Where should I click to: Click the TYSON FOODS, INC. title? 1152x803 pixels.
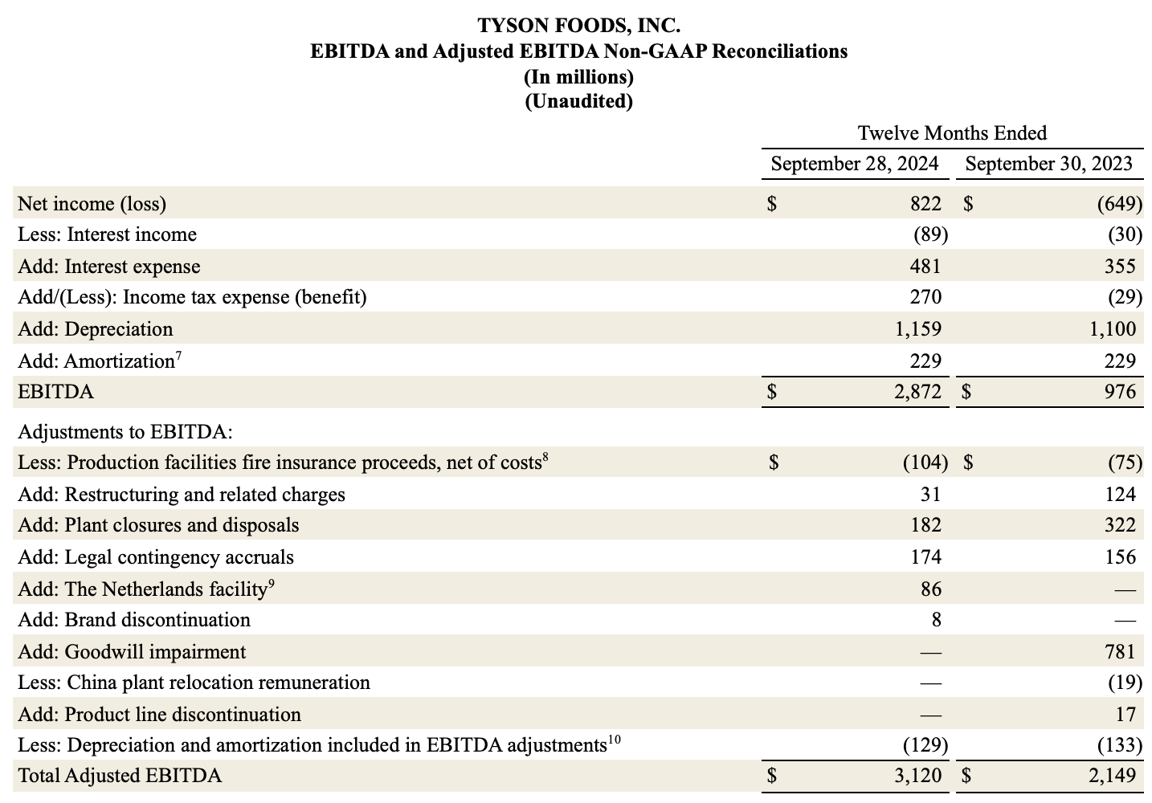pos(578,26)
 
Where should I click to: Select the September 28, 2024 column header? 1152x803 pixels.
pos(854,165)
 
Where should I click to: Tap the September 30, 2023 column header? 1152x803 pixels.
pos(1048,165)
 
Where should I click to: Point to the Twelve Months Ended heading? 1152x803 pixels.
pos(952,132)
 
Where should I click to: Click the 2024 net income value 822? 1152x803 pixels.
pos(925,204)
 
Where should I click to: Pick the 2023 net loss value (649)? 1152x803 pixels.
pos(1119,204)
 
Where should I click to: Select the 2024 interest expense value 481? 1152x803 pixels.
pos(925,267)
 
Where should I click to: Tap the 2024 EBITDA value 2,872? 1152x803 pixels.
pos(917,392)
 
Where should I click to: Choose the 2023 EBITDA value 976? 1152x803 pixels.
pos(1120,392)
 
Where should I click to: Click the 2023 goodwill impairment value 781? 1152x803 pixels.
pos(1120,652)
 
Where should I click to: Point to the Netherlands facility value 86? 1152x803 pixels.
pos(930,589)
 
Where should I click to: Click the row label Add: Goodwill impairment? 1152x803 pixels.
pos(132,652)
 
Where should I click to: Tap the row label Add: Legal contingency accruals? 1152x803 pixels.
pos(156,557)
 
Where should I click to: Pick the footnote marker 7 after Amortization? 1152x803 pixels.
pos(178,356)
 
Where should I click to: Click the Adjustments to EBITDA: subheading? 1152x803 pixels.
pos(125,432)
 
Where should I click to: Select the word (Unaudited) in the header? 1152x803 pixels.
pos(578,102)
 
